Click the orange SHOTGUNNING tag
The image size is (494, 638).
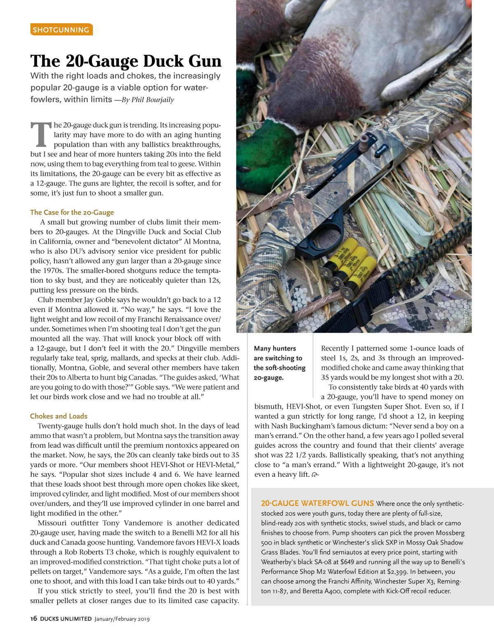pos(61,30)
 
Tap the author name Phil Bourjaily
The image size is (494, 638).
pos(153,100)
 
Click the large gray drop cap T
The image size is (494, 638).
pos(41,135)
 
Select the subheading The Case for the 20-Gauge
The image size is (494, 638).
pos(72,212)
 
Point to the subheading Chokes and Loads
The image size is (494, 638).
pos(58,416)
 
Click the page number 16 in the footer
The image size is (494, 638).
pos(33,618)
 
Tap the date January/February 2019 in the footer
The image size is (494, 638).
pos(122,619)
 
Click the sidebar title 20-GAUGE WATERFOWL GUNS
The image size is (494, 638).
pos(317,503)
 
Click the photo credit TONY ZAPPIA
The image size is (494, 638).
pos(466,313)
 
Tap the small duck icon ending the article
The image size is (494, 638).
pos(315,475)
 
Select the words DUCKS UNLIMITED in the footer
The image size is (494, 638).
pos(65,619)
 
